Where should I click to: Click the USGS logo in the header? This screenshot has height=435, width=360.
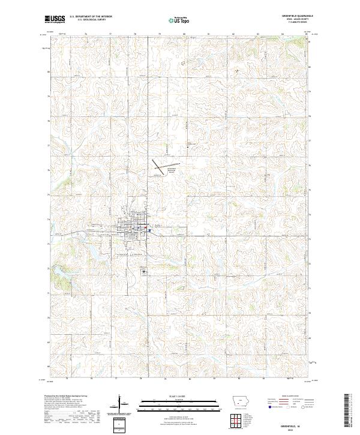click(x=55, y=20)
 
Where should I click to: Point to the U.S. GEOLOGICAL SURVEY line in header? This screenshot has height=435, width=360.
click(x=88, y=20)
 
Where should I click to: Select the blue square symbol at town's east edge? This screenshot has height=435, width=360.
click(x=149, y=229)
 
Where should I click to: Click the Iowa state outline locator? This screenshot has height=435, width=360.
click(x=239, y=403)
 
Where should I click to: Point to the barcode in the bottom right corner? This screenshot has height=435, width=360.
click(x=350, y=413)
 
